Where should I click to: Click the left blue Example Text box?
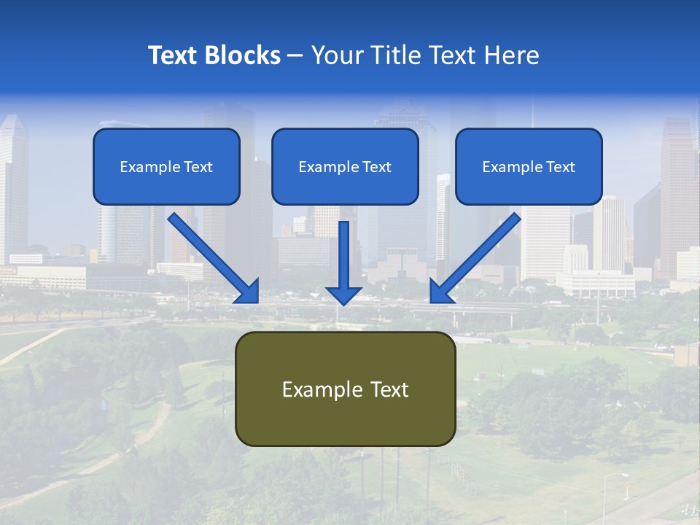click(x=166, y=167)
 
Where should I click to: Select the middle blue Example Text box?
click(x=345, y=167)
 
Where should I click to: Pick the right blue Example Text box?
click(x=529, y=167)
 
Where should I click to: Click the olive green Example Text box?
click(x=345, y=389)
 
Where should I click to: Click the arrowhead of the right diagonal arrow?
click(x=440, y=292)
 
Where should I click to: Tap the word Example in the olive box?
click(x=317, y=389)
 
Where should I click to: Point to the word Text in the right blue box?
click(x=560, y=167)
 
